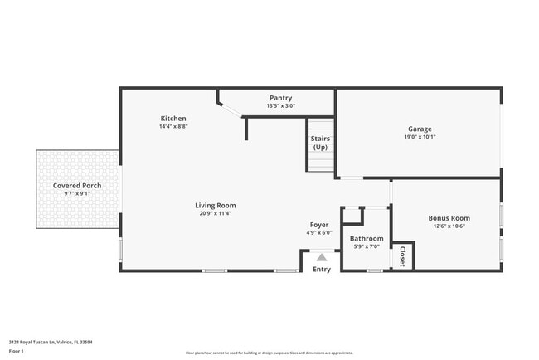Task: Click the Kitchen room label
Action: pyautogui.click(x=173, y=119)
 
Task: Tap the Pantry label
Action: pyautogui.click(x=280, y=98)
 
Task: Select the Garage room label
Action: pyautogui.click(x=420, y=129)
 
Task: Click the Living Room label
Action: pyautogui.click(x=216, y=205)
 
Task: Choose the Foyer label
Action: pyautogui.click(x=319, y=225)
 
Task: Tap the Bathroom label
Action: pyautogui.click(x=366, y=239)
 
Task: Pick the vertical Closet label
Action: pyautogui.click(x=403, y=255)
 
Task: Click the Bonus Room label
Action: pyautogui.click(x=449, y=218)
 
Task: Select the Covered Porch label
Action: pyautogui.click(x=77, y=185)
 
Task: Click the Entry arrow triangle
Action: pyautogui.click(x=322, y=258)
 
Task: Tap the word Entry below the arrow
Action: pyautogui.click(x=322, y=269)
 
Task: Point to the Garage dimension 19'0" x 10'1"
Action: pyautogui.click(x=420, y=137)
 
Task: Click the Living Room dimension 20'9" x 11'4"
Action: pyautogui.click(x=216, y=213)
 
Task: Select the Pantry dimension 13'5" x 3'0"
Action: pyautogui.click(x=280, y=106)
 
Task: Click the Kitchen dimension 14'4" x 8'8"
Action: pyautogui.click(x=173, y=127)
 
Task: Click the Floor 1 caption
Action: pyautogui.click(x=17, y=351)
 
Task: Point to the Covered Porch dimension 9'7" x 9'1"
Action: pyautogui.click(x=77, y=193)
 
